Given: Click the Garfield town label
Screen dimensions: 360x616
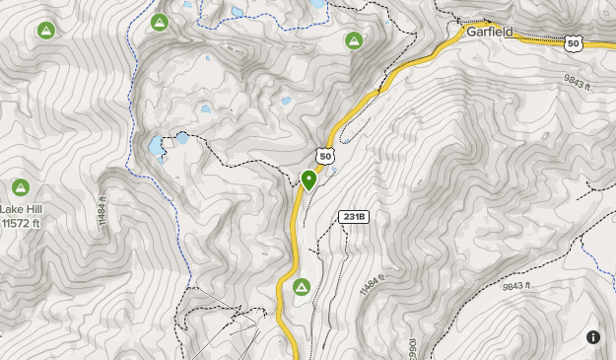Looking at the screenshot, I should pos(489,32).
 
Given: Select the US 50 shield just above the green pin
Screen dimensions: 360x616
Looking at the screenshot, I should pos(325,155).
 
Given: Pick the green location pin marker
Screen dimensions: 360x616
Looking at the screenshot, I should pos(308,180).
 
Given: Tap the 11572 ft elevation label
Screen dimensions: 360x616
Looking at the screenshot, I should pos(20,223).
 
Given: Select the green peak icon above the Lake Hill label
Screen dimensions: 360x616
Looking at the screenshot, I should pos(20,187).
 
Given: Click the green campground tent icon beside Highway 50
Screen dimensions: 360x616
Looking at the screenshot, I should pos(302,287).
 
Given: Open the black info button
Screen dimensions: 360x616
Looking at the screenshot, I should pos(593,337).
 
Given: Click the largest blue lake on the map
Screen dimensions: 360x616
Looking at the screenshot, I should pos(157,148).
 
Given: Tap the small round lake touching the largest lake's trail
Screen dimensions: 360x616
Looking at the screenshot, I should pos(182,137).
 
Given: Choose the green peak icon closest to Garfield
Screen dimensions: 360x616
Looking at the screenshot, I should pos(353,40).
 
